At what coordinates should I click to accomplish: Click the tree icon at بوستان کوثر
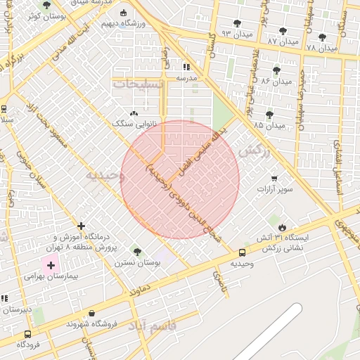point(46,5)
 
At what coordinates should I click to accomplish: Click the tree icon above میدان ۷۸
point(322,37)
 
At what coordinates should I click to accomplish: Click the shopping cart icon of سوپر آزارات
point(273,179)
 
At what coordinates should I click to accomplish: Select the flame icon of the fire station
point(282,227)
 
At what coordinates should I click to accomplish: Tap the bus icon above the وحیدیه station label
point(242,252)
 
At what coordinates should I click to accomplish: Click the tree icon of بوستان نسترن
point(137,252)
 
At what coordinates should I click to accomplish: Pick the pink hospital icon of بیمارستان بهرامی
point(50,265)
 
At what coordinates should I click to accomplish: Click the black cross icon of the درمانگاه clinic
point(82,226)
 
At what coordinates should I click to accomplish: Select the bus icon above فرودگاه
point(27,335)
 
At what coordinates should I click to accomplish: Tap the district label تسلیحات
point(138,84)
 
